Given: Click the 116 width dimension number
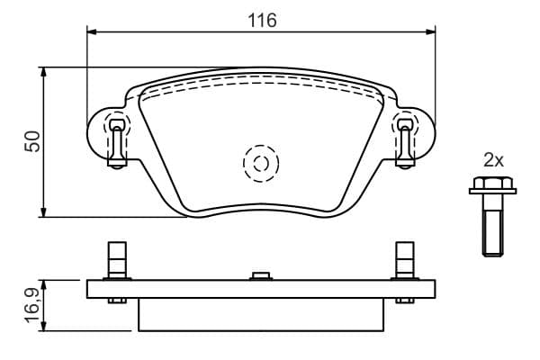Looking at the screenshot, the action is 263,21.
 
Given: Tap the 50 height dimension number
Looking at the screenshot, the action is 32,141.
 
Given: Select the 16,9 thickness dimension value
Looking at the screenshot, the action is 34,306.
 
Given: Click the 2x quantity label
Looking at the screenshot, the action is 493,160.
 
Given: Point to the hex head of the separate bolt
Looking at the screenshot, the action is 493,185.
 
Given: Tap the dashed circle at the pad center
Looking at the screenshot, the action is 261,163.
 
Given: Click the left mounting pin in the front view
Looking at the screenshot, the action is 117,143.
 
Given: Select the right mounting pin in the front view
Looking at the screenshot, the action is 405,143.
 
